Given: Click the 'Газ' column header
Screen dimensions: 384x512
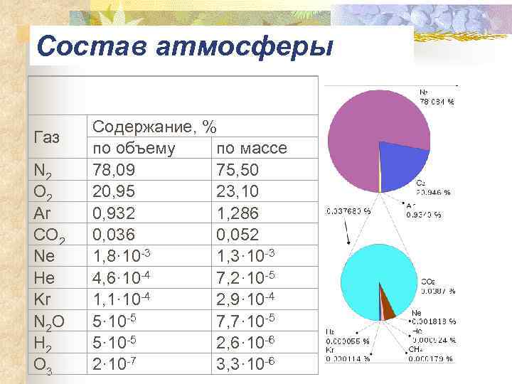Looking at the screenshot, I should (47, 137).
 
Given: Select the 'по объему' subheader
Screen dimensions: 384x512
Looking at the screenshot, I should (135, 149).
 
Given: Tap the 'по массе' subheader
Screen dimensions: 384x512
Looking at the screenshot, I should (252, 149).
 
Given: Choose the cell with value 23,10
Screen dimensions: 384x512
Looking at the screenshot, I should (238, 191).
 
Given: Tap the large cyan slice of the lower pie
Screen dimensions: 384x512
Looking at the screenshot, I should (370, 274).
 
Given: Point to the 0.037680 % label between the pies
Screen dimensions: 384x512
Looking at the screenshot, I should (348, 210).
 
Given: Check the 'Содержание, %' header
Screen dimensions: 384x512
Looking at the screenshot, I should (155, 127).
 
